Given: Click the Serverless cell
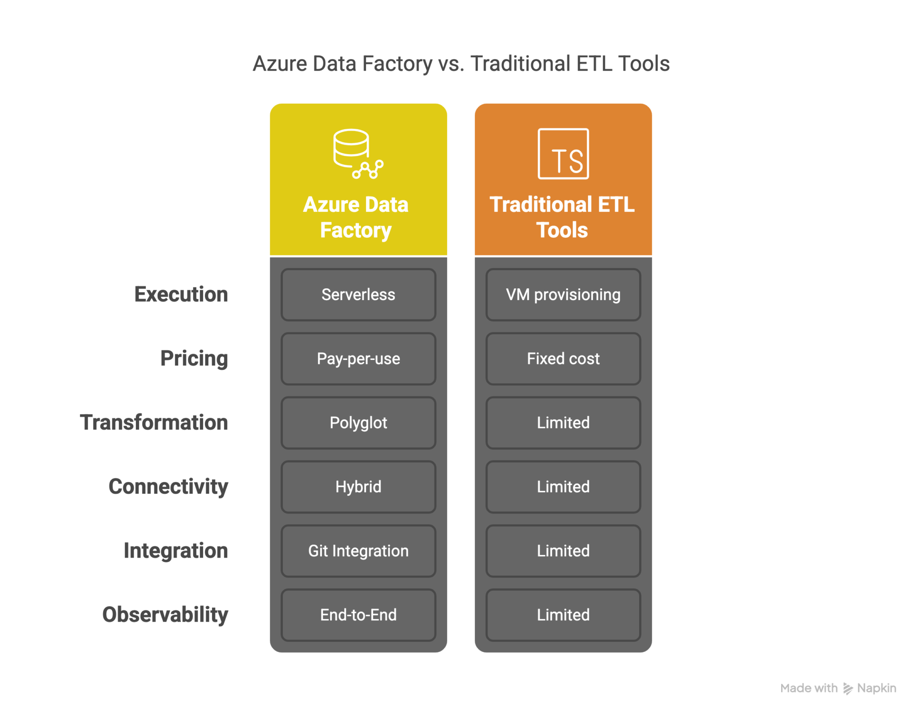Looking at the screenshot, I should pyautogui.click(x=358, y=295).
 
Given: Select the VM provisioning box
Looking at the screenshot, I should pyautogui.click(x=563, y=295).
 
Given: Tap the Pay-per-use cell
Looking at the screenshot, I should pyautogui.click(x=358, y=359).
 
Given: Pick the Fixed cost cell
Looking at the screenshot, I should pyautogui.click(x=563, y=359).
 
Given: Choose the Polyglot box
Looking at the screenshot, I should pyautogui.click(x=358, y=423).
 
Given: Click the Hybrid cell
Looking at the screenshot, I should pyautogui.click(x=358, y=486).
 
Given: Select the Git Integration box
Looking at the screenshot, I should pyautogui.click(x=358, y=550).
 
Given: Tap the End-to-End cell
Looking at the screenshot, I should pyautogui.click(x=358, y=615).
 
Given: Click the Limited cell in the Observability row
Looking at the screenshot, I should pyautogui.click(x=563, y=615).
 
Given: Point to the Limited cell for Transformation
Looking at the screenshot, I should pyautogui.click(x=563, y=423).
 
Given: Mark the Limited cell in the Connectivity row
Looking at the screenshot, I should pyautogui.click(x=563, y=486).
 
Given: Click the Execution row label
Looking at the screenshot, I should pyautogui.click(x=181, y=295).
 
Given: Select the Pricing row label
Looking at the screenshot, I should pyautogui.click(x=194, y=359).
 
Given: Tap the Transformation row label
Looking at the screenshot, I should pyautogui.click(x=154, y=423).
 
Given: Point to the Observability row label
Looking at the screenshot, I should pyautogui.click(x=165, y=615).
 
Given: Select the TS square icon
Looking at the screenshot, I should pyautogui.click(x=563, y=154).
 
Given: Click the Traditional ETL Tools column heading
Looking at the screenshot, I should pyautogui.click(x=562, y=217).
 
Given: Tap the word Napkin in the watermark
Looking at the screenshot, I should pyautogui.click(x=876, y=688).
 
